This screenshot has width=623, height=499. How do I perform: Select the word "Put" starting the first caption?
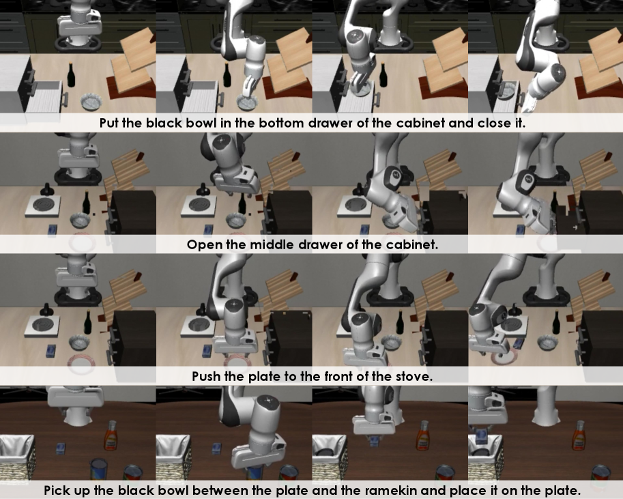pos(108,123)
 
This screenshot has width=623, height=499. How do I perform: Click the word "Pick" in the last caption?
pos(56,490)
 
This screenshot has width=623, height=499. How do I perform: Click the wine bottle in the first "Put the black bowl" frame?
pos(71,75)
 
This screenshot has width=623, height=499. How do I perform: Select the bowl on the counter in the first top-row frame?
pos(92,102)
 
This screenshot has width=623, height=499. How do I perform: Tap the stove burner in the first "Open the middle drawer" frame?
pos(44,206)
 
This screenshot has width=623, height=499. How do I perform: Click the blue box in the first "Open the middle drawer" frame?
pos(53,230)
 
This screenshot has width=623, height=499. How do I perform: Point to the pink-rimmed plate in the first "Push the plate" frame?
pos(82,365)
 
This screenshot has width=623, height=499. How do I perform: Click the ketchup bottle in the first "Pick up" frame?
pos(111,436)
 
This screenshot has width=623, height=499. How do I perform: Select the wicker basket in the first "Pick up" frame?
pos(16,457)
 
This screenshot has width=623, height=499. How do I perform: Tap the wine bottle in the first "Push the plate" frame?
pos(88,322)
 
